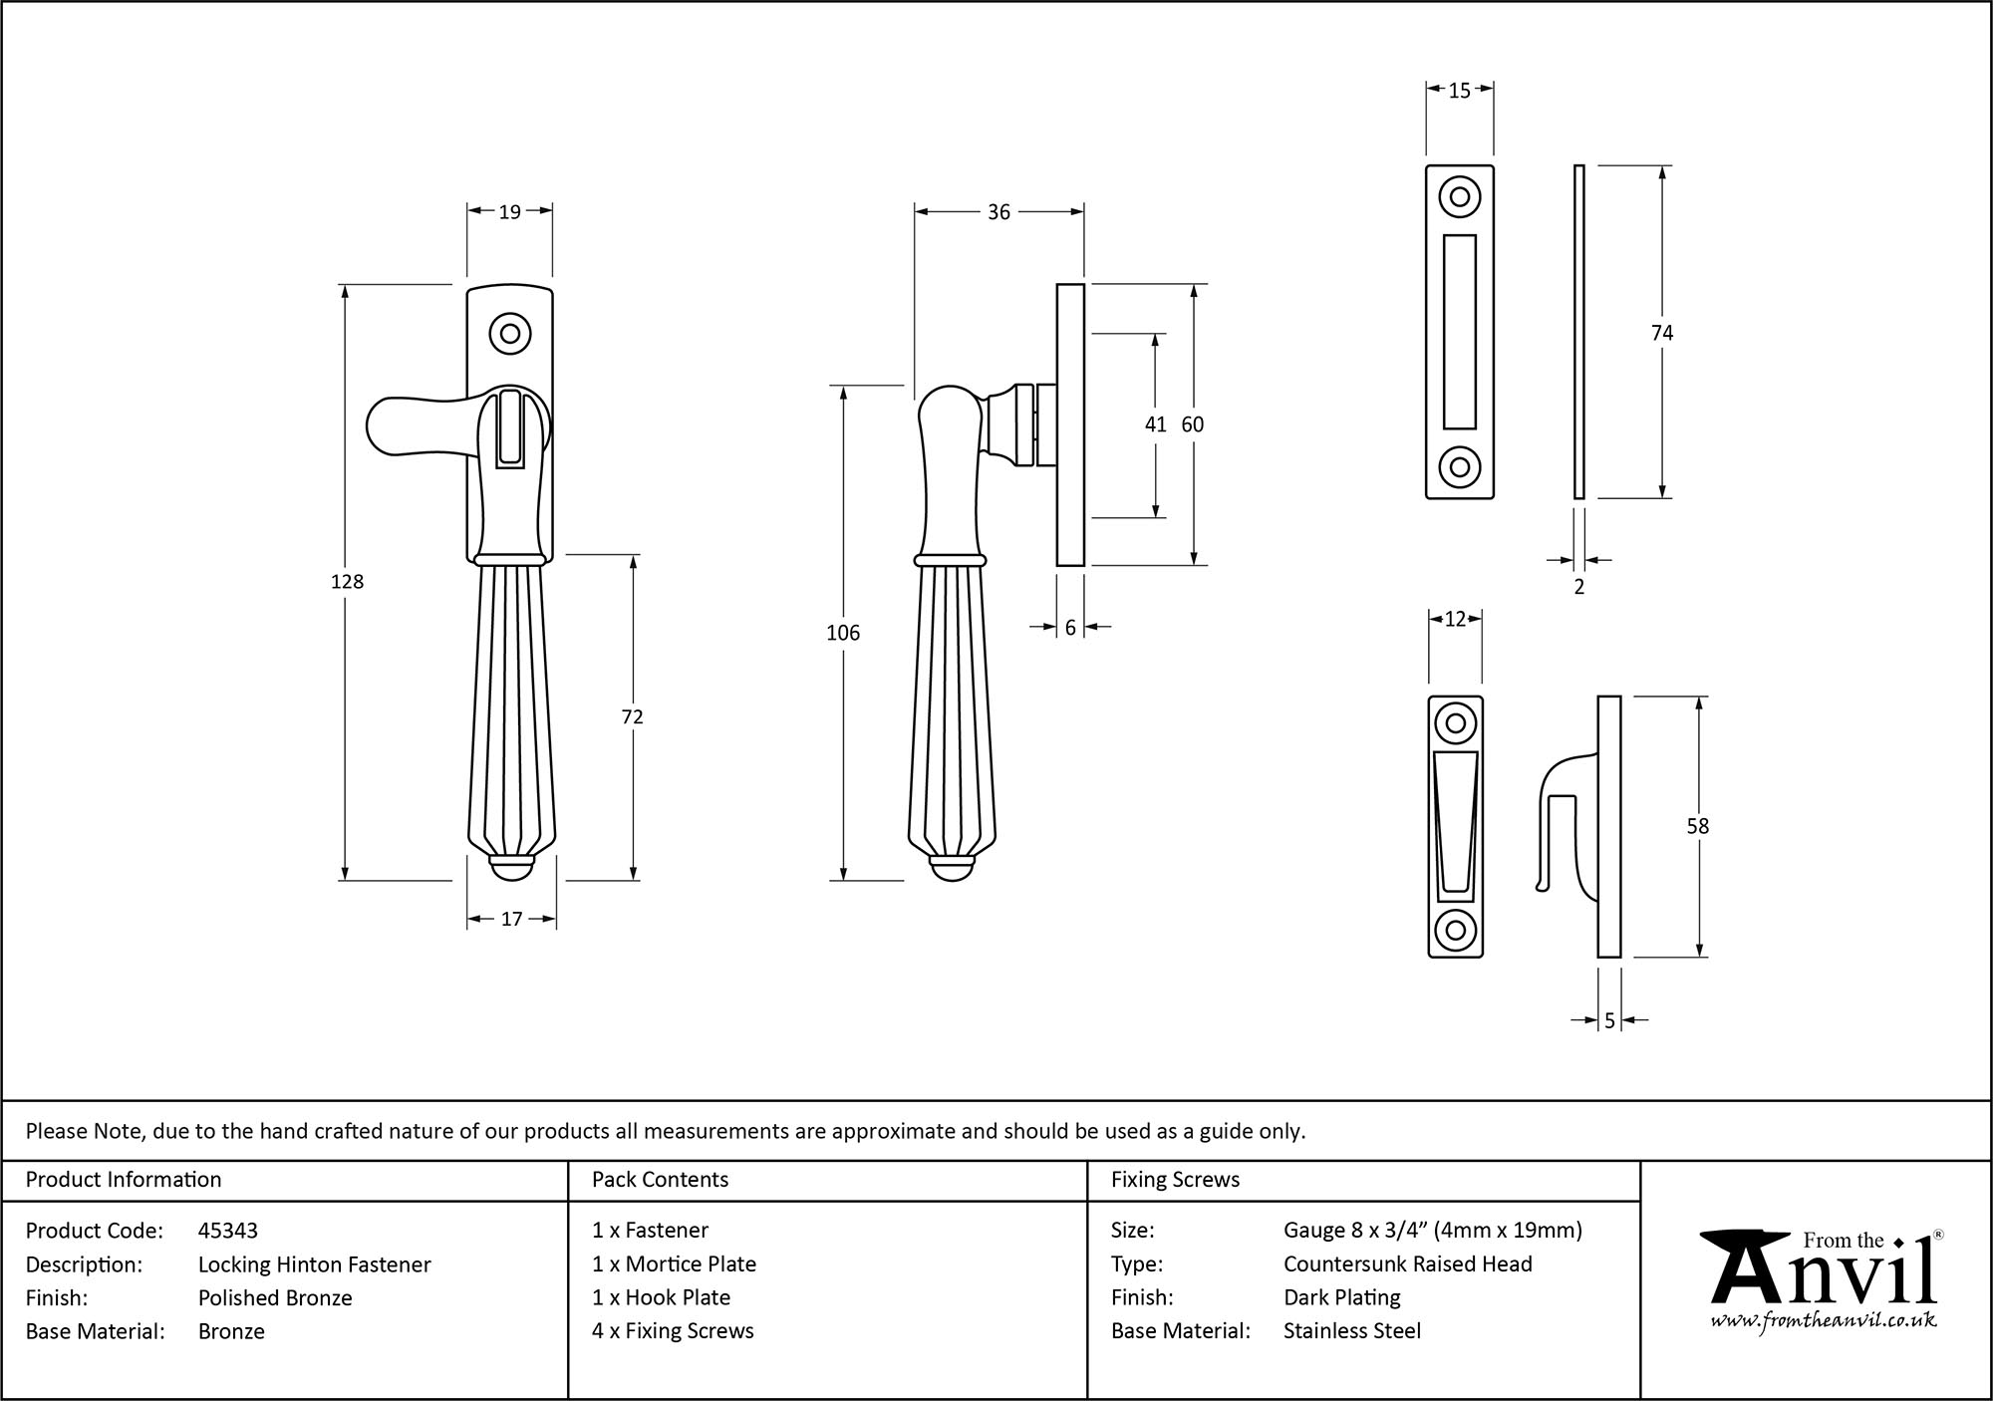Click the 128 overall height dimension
tap(347, 582)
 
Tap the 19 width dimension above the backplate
tap(509, 211)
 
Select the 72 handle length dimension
tap(632, 716)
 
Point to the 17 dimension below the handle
tap(511, 919)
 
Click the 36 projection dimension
tap(998, 211)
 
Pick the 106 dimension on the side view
tap(843, 633)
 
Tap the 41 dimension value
tap(1155, 424)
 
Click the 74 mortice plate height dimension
tap(1662, 333)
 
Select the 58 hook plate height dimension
tap(1698, 826)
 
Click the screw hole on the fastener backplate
tap(510, 334)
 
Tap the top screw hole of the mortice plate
tap(1459, 196)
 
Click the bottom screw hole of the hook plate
tap(1455, 931)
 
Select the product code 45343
tap(228, 1231)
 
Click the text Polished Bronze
tap(275, 1297)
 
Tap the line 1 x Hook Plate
tap(661, 1297)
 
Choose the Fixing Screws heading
tap(1175, 1180)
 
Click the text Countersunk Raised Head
tap(1407, 1263)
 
